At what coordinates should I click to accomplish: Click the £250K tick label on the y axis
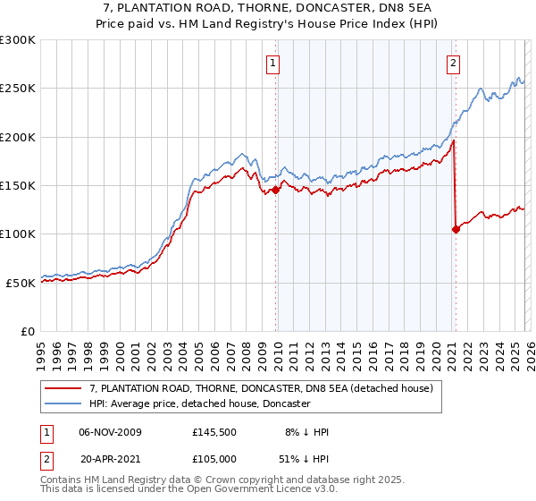pyautogui.click(x=18, y=89)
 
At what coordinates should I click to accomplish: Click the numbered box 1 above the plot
pyautogui.click(x=272, y=63)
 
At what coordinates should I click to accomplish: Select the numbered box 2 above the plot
pyautogui.click(x=454, y=63)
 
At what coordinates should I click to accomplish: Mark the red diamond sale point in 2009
pyautogui.click(x=275, y=190)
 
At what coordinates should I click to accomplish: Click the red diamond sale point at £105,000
pyautogui.click(x=456, y=229)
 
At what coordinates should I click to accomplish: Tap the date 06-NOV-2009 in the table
pyautogui.click(x=110, y=432)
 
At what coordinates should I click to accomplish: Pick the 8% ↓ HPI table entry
pyautogui.click(x=307, y=432)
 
